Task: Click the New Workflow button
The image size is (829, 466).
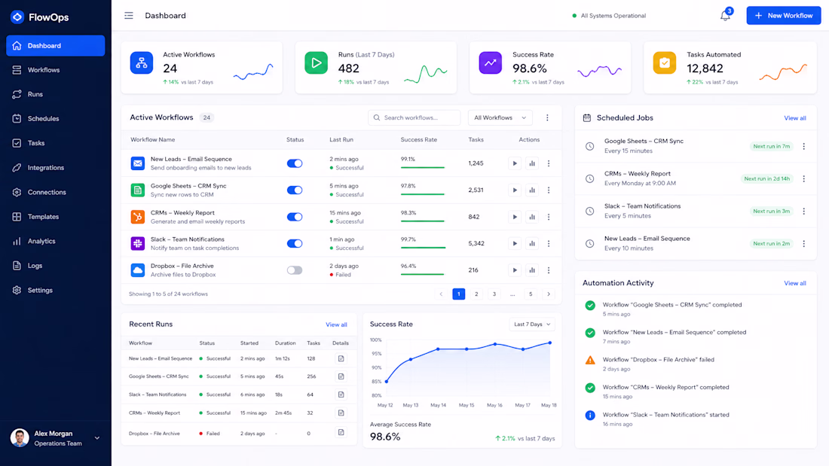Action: click(784, 16)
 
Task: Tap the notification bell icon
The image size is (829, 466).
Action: click(725, 16)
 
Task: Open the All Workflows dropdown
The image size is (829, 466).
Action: click(500, 118)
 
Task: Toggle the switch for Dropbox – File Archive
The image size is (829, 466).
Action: click(295, 270)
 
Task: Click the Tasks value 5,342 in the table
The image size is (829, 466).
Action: click(476, 244)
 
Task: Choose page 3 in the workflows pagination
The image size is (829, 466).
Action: click(494, 294)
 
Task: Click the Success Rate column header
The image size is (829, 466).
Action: click(419, 139)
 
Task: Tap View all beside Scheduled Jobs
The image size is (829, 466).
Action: click(794, 118)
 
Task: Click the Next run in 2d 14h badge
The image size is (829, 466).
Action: click(766, 178)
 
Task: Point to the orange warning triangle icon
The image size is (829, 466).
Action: click(590, 361)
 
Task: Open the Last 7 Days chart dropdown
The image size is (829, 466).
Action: click(532, 324)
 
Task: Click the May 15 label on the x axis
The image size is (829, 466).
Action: click(467, 405)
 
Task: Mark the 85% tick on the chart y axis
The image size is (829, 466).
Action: click(376, 382)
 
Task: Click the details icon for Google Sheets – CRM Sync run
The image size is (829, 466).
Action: click(341, 376)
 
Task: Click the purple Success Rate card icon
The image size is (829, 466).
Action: click(490, 63)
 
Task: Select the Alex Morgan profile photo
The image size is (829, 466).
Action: click(20, 438)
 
